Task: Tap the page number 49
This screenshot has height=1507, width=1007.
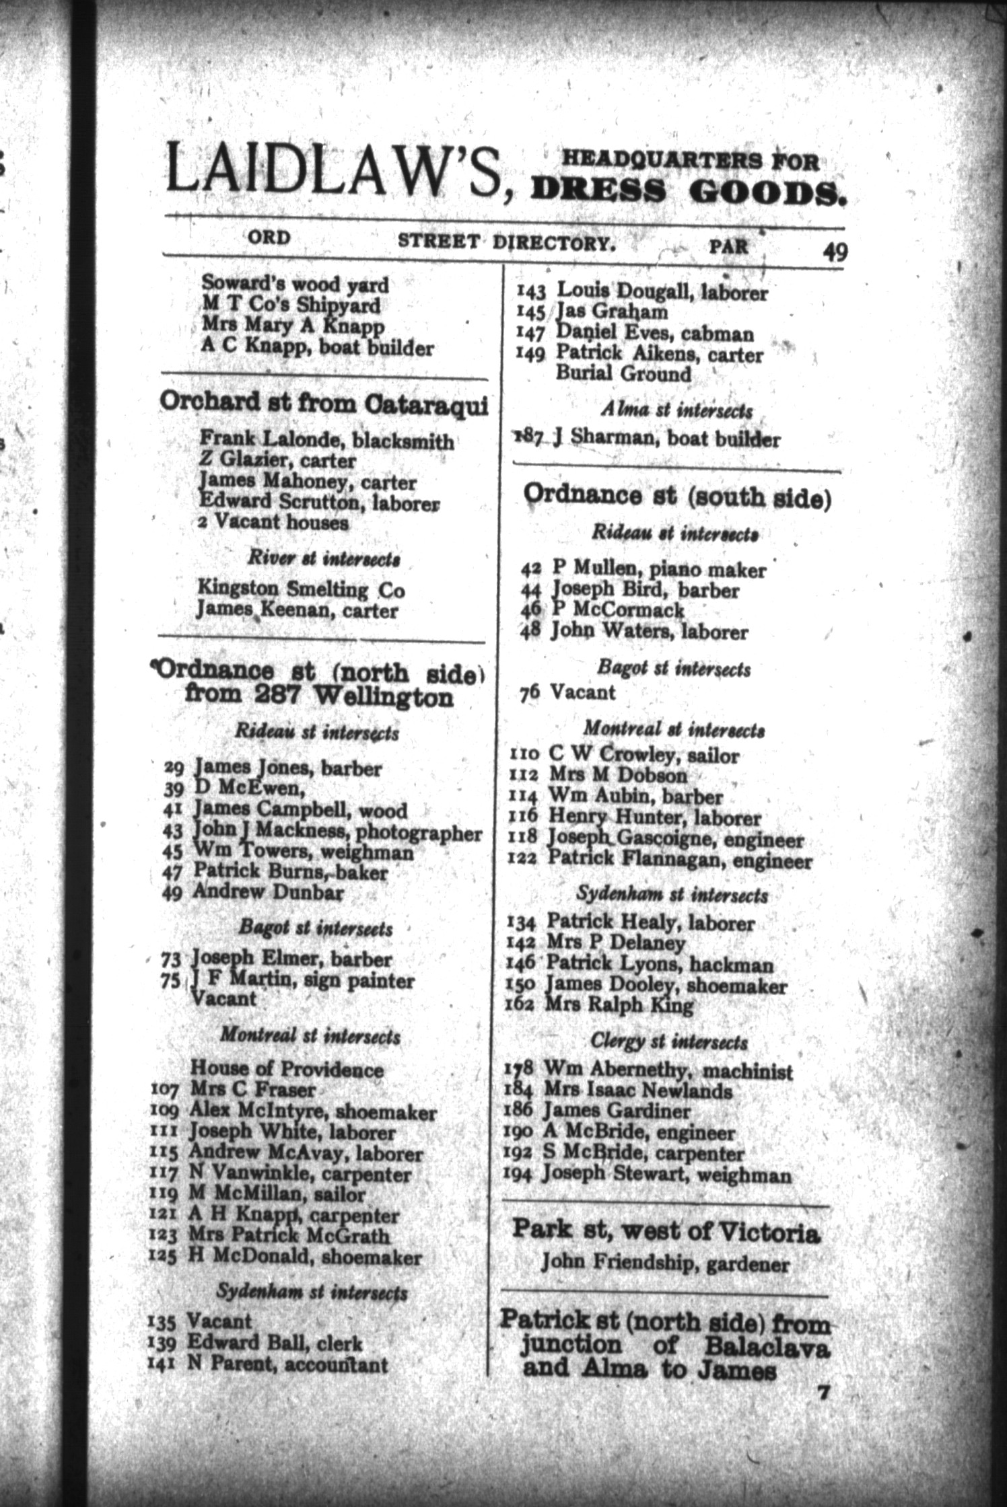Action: pos(834,252)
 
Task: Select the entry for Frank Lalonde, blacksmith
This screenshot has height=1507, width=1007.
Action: pos(326,440)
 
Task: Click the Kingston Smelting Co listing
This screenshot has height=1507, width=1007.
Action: pos(300,589)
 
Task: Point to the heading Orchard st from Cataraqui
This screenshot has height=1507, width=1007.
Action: pos(323,403)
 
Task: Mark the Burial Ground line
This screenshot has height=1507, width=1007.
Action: pos(623,374)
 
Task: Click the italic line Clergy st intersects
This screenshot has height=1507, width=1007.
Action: pos(669,1041)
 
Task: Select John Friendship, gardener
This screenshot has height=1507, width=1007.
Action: pos(665,1264)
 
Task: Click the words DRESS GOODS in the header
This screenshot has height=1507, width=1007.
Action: pos(687,193)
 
